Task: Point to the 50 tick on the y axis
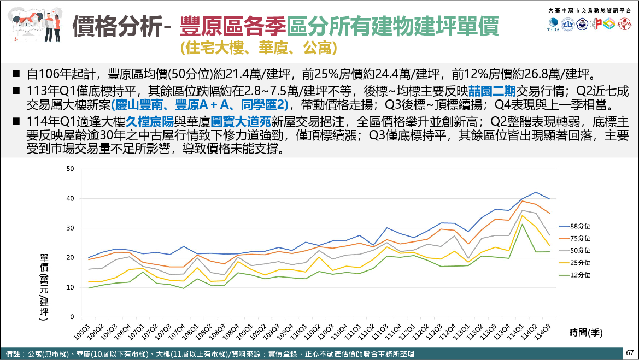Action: click(69, 169)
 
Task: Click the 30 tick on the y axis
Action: click(69, 228)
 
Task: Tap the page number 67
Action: click(630, 353)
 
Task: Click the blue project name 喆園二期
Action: click(491, 91)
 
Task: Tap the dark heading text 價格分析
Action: click(116, 26)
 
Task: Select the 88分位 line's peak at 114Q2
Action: click(535, 192)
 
